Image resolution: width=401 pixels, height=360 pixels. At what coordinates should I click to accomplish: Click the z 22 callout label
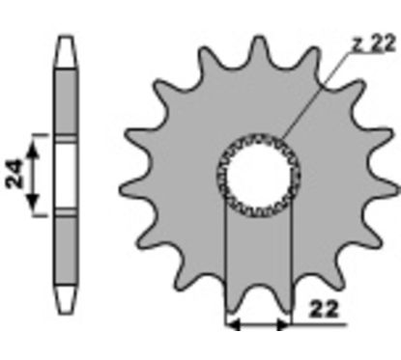(x=373, y=43)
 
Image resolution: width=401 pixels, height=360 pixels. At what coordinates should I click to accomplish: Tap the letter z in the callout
(x=357, y=45)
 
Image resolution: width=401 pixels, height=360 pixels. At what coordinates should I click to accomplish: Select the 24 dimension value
(x=14, y=174)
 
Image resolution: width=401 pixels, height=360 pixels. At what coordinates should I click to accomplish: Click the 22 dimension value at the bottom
(x=324, y=309)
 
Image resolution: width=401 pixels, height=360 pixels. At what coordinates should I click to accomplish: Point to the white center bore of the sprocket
(x=259, y=175)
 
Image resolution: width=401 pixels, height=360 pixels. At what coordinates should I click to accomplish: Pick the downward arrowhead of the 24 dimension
(x=32, y=202)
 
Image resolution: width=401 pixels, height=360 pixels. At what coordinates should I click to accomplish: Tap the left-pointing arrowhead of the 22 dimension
(x=233, y=325)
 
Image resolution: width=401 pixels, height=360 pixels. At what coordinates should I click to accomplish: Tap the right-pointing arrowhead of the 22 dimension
(x=283, y=325)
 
